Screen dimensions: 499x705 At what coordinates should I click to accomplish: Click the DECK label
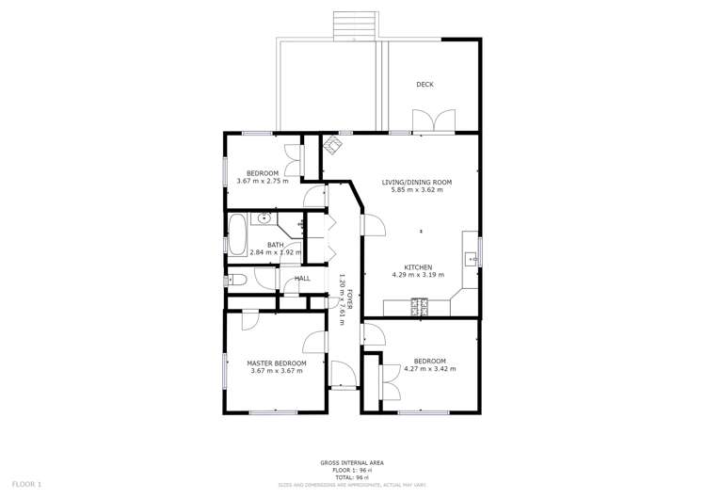click(425, 85)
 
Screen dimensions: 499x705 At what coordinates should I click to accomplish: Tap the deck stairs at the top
click(355, 25)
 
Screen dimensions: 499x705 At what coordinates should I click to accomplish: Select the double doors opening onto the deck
click(434, 121)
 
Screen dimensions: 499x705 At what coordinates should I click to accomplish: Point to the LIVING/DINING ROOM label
click(416, 182)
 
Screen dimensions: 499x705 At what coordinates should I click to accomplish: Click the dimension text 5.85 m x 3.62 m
click(416, 190)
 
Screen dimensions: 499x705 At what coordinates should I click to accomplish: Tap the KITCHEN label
click(418, 266)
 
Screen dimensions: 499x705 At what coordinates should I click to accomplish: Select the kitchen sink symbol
click(470, 257)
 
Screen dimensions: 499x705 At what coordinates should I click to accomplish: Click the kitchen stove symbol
click(419, 306)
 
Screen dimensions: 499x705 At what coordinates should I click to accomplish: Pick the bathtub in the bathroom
click(236, 233)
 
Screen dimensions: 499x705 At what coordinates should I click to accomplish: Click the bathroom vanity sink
click(265, 219)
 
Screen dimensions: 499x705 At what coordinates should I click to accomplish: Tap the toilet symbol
click(236, 280)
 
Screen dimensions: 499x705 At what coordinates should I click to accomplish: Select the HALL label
click(302, 279)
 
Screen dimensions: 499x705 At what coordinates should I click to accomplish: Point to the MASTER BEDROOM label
click(277, 362)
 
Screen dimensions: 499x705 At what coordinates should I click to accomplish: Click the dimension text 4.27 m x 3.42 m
click(429, 369)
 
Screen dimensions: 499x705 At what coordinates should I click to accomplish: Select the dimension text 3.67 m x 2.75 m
click(263, 181)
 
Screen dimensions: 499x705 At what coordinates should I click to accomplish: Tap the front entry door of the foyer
click(343, 375)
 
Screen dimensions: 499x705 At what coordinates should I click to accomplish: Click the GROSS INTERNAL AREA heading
click(352, 462)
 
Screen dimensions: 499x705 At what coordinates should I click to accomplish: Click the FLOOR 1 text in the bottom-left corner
click(26, 484)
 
